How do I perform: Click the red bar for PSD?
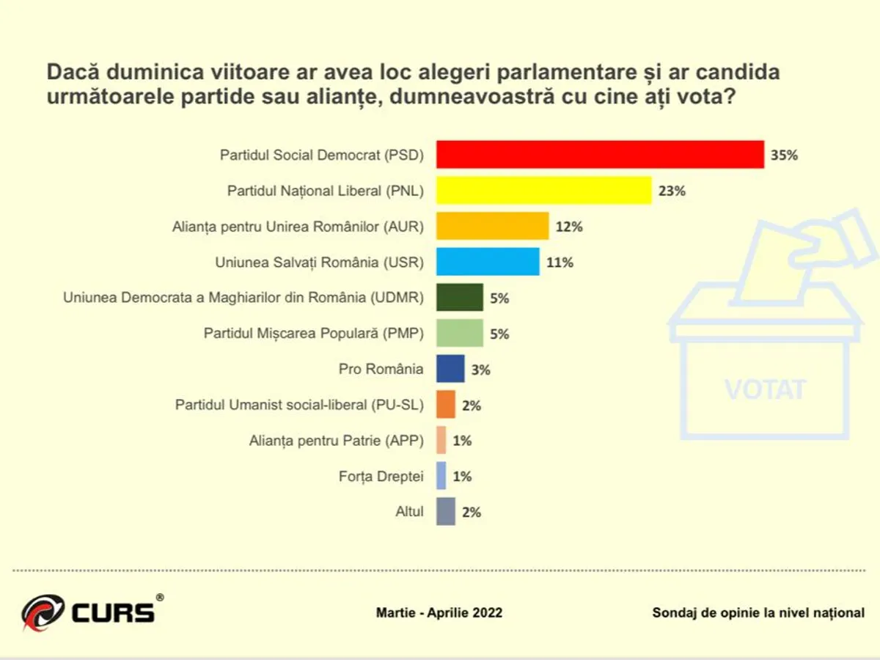coord(600,155)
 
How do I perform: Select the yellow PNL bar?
coord(543,191)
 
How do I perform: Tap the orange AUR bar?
coord(493,226)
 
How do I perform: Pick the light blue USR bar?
coord(488,262)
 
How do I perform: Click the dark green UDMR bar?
coord(460,298)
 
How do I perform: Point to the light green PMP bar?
coord(460,333)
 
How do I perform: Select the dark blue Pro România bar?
coord(450,369)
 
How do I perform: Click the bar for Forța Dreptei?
coord(441,476)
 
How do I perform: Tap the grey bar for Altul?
coord(446,512)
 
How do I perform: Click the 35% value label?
coord(783,155)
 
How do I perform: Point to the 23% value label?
coord(671,191)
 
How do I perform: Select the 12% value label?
coord(568,227)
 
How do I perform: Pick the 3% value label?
coord(480,370)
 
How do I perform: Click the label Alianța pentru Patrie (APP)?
coord(337,441)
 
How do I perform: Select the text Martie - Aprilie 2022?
coord(439,612)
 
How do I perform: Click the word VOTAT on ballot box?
coord(765,389)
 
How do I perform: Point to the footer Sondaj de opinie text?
coord(758,612)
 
